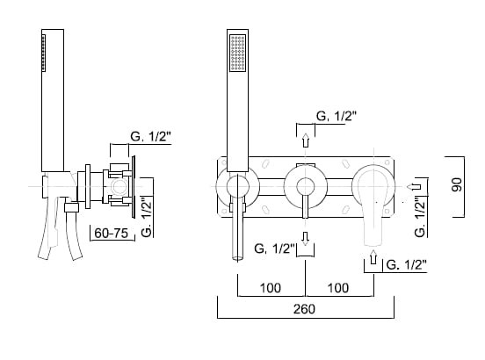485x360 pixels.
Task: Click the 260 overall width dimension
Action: point(304,309)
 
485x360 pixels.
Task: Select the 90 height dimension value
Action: point(457,184)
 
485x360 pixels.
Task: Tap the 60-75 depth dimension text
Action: point(111,233)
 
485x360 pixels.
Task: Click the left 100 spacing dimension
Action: point(271,288)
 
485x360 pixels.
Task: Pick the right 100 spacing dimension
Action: point(338,288)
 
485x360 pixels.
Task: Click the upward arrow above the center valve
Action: point(306,140)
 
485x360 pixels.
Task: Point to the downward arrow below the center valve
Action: point(306,239)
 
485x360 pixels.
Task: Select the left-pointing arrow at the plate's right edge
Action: point(414,187)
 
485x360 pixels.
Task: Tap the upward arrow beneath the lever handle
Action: point(373,256)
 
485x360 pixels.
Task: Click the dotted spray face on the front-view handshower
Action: point(238,53)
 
